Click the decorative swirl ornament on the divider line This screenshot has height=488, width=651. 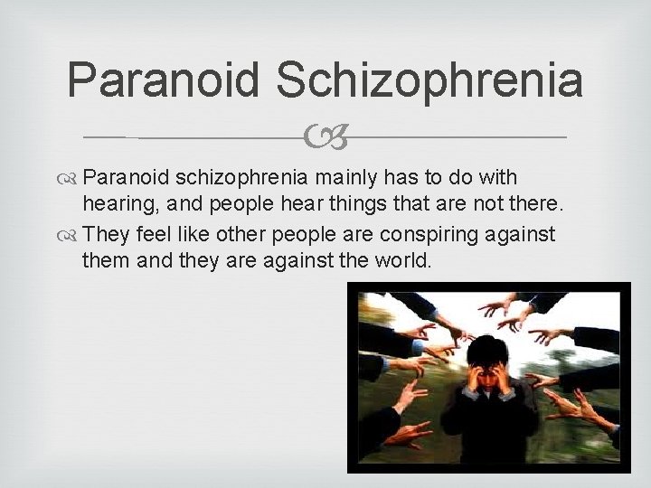[x=325, y=138]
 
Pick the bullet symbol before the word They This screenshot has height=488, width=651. [x=69, y=236]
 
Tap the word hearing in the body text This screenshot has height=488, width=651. [x=111, y=205]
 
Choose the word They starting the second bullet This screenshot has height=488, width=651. [x=104, y=236]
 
